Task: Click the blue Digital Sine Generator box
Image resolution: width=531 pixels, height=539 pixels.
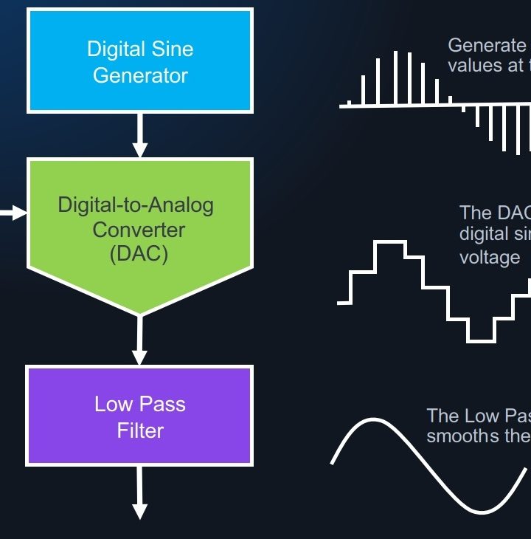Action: pyautogui.click(x=140, y=61)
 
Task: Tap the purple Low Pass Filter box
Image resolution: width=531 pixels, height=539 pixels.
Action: pyautogui.click(x=140, y=416)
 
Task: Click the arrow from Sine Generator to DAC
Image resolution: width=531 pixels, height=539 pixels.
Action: pyautogui.click(x=140, y=137)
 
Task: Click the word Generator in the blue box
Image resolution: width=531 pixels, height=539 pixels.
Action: pyautogui.click(x=140, y=75)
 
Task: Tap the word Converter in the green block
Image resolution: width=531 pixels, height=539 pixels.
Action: pyautogui.click(x=139, y=230)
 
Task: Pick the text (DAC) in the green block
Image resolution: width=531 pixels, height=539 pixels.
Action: pyautogui.click(x=139, y=254)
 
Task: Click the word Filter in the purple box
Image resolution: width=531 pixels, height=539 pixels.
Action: pyautogui.click(x=140, y=430)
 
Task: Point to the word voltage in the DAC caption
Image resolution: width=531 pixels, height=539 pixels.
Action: pyautogui.click(x=490, y=257)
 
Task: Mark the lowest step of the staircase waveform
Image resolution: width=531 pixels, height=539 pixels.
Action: pyautogui.click(x=481, y=340)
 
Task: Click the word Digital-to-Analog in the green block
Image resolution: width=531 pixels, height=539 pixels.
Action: pyautogui.click(x=136, y=205)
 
